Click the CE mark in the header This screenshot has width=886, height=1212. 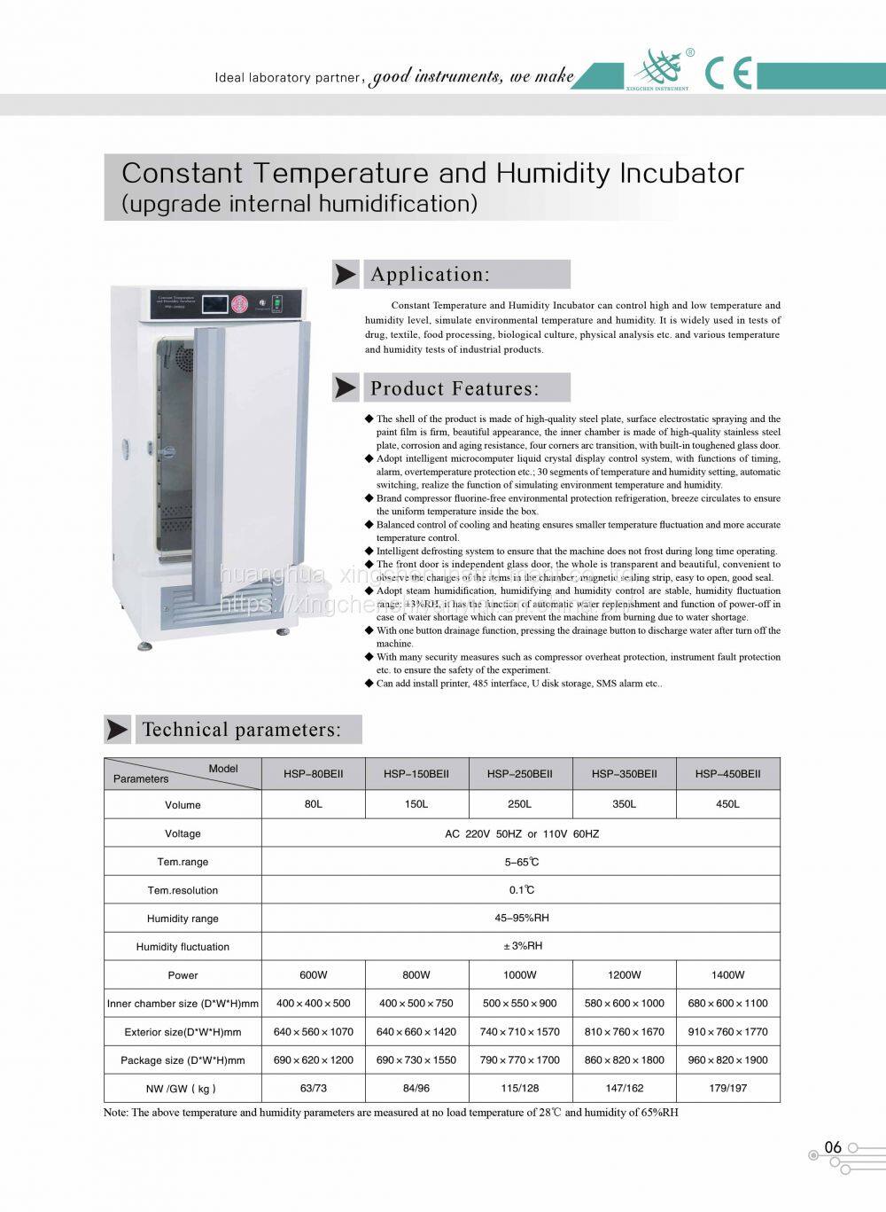click(x=728, y=73)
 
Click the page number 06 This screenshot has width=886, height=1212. click(x=833, y=1147)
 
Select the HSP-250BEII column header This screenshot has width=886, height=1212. click(x=520, y=774)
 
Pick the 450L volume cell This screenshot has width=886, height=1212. click(x=727, y=804)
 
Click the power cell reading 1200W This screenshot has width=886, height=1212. click(x=624, y=974)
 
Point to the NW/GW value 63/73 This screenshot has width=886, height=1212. click(x=313, y=1088)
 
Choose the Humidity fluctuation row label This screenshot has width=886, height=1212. click(x=183, y=947)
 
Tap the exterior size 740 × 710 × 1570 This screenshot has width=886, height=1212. click(x=520, y=1031)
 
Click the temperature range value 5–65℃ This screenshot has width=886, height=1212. click(x=521, y=862)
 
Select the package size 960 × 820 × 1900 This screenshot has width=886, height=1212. click(x=727, y=1060)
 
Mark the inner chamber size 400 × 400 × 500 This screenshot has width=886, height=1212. click(x=313, y=1003)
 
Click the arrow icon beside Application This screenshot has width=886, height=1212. click(x=345, y=275)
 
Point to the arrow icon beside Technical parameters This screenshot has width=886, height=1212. click(x=117, y=730)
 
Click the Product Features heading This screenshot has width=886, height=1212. click(x=455, y=388)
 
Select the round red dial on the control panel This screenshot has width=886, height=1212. click(x=238, y=304)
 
